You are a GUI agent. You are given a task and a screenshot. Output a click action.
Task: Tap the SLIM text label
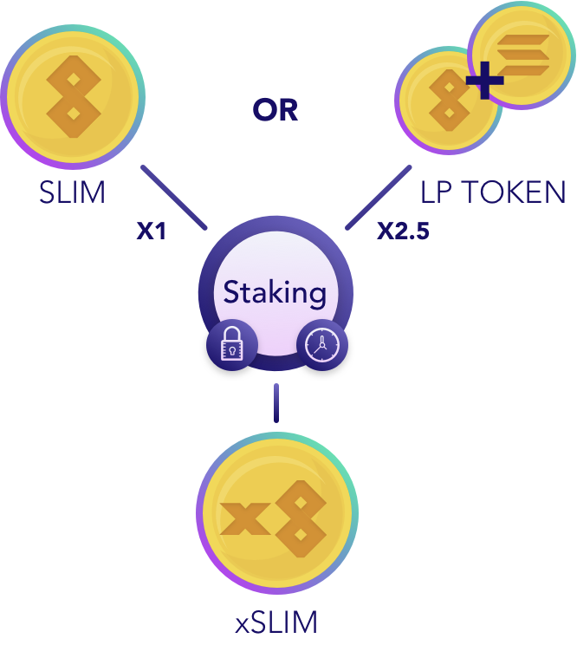tap(72, 192)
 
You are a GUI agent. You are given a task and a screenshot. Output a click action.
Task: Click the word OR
tap(276, 110)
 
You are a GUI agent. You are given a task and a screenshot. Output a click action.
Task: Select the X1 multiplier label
tap(152, 231)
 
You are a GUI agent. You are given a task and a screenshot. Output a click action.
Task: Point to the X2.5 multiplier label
tap(403, 231)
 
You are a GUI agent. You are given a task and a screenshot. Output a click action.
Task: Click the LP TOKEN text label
tap(493, 192)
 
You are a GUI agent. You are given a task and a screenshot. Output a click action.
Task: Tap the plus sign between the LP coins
tap(484, 81)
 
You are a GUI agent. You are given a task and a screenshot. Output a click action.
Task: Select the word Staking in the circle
tap(275, 292)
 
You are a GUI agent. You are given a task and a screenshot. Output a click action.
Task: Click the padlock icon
tap(231, 346)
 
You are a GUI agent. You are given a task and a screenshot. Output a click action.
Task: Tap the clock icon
tap(322, 346)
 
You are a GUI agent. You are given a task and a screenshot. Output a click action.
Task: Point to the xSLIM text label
tap(276, 622)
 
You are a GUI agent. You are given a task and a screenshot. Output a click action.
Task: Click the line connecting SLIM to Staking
tap(173, 197)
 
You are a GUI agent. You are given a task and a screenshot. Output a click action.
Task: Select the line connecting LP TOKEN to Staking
tap(379, 197)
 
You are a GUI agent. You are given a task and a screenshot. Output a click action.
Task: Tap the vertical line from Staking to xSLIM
tap(276, 402)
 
